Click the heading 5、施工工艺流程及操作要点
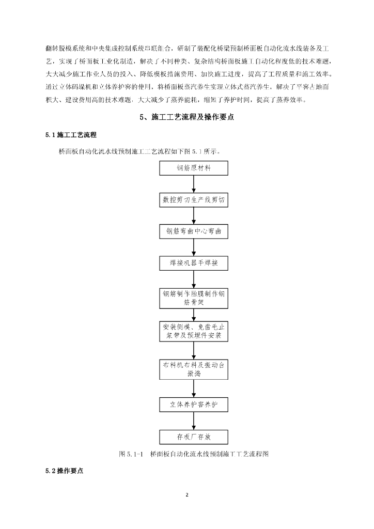(x=187, y=118)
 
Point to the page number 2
(x=187, y=495)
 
